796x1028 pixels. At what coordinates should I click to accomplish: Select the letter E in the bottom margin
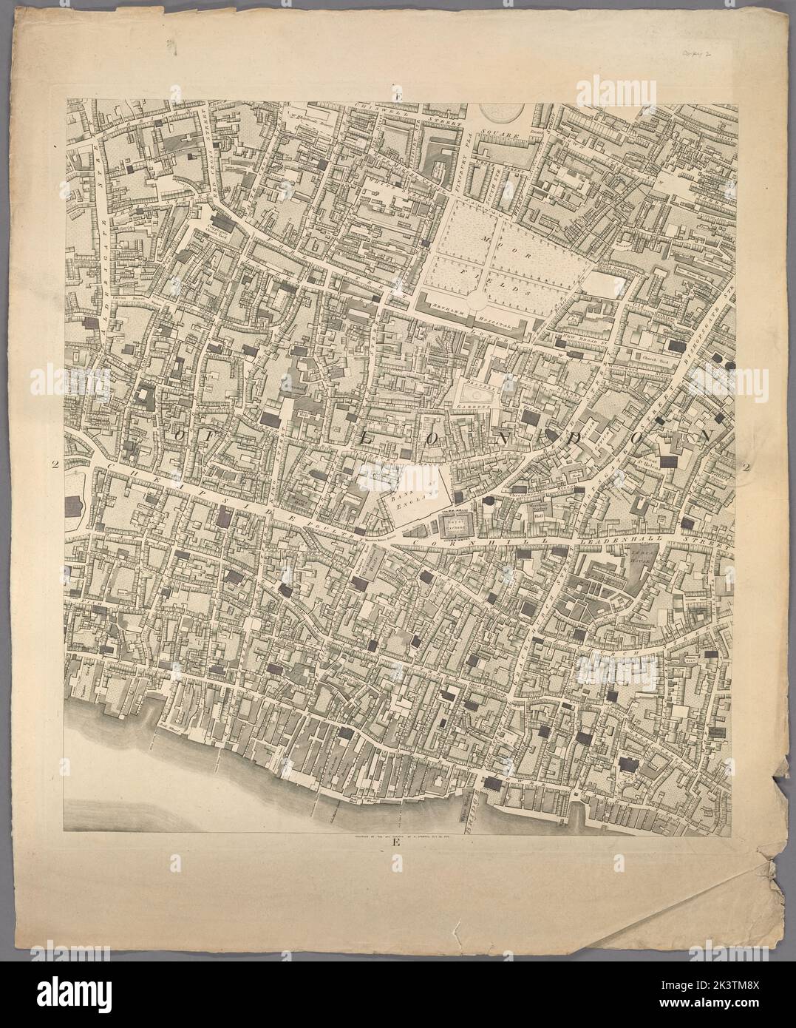pos(397,842)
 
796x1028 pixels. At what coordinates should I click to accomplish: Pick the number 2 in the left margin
pos(55,464)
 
